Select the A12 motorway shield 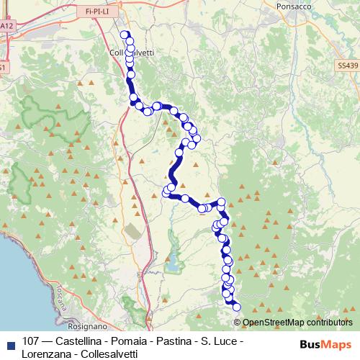(6, 26)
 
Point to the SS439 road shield (346, 65)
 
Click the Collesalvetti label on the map (133, 53)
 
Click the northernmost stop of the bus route (125, 35)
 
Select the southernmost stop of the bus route (236, 307)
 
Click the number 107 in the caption (31, 341)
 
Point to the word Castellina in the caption (84, 341)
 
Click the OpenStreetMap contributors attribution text (297, 323)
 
